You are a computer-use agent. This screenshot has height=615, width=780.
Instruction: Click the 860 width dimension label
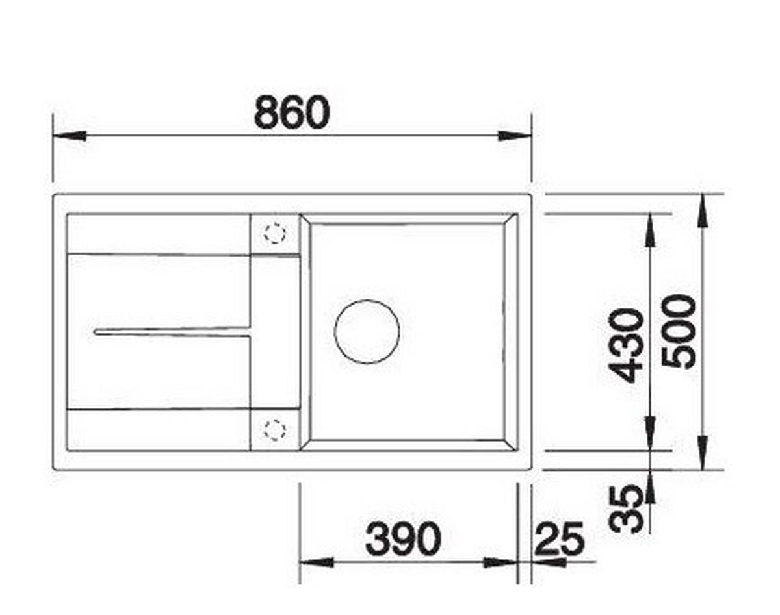click(292, 112)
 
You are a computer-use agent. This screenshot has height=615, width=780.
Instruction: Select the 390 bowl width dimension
click(403, 539)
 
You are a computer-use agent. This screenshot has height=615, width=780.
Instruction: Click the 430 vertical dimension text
click(626, 345)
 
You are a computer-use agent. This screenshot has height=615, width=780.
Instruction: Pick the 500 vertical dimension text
click(679, 332)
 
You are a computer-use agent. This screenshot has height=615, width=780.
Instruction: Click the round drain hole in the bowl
click(367, 331)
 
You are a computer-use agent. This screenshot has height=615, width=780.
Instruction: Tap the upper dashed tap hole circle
click(274, 233)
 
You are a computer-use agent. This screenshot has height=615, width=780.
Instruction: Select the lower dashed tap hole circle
click(274, 429)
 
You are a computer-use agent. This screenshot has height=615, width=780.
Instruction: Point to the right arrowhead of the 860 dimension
click(515, 136)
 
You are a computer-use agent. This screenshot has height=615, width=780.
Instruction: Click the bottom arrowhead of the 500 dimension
click(703, 453)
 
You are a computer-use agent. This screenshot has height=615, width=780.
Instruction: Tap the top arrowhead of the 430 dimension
click(650, 229)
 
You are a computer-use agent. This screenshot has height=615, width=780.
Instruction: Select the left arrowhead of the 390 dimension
click(316, 562)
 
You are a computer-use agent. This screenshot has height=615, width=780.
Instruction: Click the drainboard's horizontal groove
click(172, 332)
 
